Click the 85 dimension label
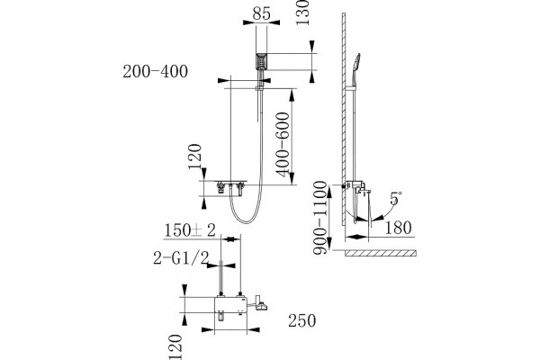point(261,13)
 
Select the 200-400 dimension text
point(156,72)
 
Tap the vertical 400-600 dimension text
point(283,144)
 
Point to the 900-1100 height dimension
point(319,218)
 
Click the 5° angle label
point(396,198)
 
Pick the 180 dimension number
point(398,228)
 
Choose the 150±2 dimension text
point(190,230)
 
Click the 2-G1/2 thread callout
point(181,258)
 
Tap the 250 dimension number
point(302,320)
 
